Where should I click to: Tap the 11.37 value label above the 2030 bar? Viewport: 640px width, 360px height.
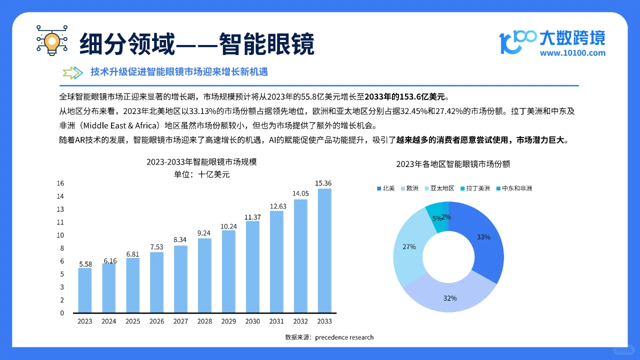(x=252, y=217)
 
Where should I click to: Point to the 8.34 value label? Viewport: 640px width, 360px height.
(x=180, y=240)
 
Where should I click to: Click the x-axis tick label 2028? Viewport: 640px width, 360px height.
(x=204, y=321)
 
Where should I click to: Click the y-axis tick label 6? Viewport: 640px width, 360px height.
(x=62, y=261)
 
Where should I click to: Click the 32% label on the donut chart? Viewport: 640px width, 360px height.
(x=449, y=298)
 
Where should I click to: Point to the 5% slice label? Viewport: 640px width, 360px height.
(x=437, y=218)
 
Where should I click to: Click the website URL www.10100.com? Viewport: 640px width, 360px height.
(x=572, y=53)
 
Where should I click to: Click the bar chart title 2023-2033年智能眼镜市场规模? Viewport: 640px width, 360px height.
(x=201, y=162)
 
